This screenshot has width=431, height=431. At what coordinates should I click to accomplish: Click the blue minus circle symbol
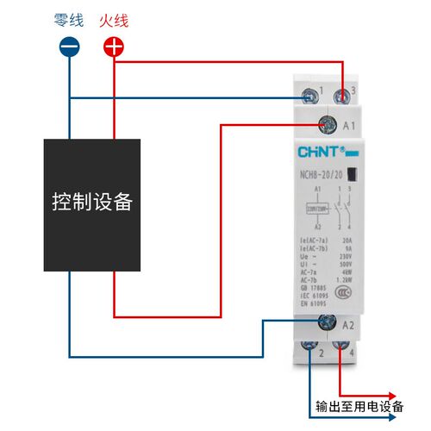click(70, 47)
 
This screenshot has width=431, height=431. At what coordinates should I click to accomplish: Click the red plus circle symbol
click(114, 47)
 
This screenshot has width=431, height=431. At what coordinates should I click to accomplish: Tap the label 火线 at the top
click(113, 18)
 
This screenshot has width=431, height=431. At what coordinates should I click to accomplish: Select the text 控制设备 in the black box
click(92, 203)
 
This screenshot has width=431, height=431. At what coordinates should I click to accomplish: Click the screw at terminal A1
click(328, 126)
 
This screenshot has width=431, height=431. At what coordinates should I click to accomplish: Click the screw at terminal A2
click(328, 322)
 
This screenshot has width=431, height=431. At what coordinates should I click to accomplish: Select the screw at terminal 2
click(309, 349)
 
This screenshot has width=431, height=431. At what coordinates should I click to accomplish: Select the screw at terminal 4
click(342, 349)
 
